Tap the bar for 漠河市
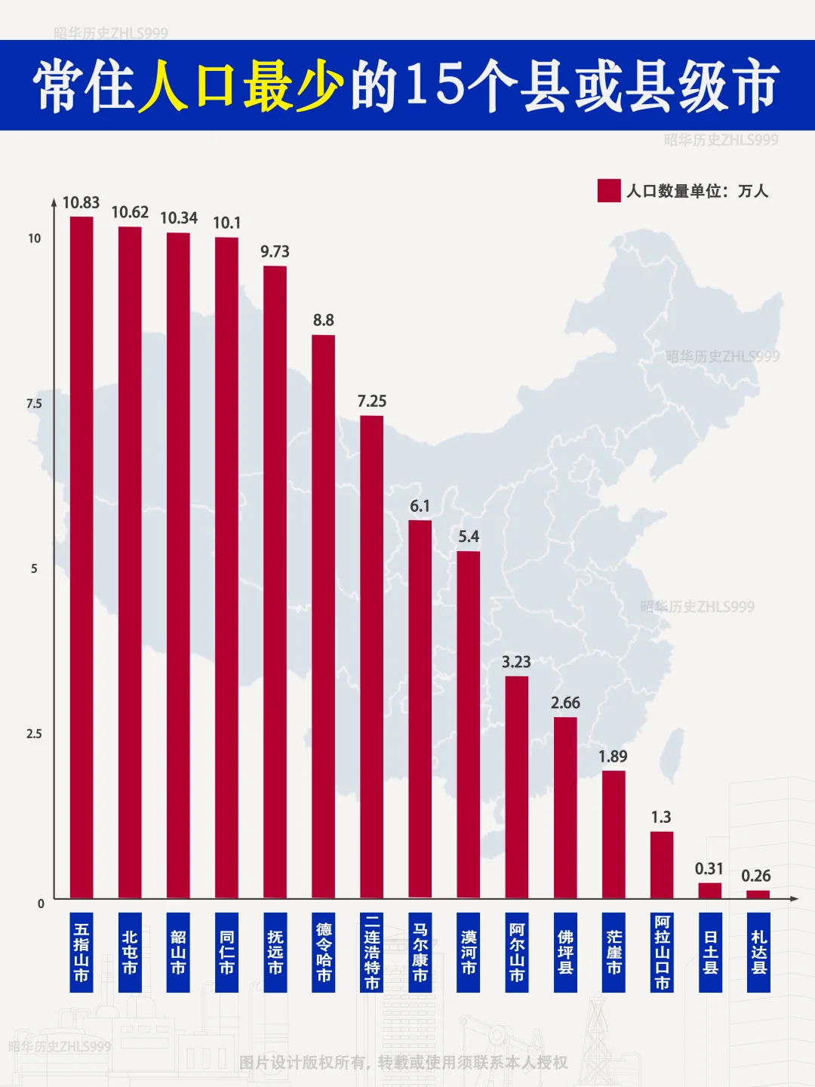(468, 725)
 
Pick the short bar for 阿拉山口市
(662, 865)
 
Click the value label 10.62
(130, 212)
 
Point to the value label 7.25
(371, 401)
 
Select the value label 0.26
(755, 876)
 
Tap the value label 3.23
(516, 662)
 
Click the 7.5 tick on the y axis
(34, 404)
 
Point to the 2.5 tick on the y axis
(34, 734)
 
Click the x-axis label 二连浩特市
(372, 952)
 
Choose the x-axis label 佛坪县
(565, 952)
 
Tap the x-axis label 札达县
(758, 952)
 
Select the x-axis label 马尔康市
(420, 952)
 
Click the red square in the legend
(608, 191)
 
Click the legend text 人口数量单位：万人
(697, 191)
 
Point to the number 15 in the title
(435, 85)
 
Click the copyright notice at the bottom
(403, 1062)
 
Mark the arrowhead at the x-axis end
(794, 898)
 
